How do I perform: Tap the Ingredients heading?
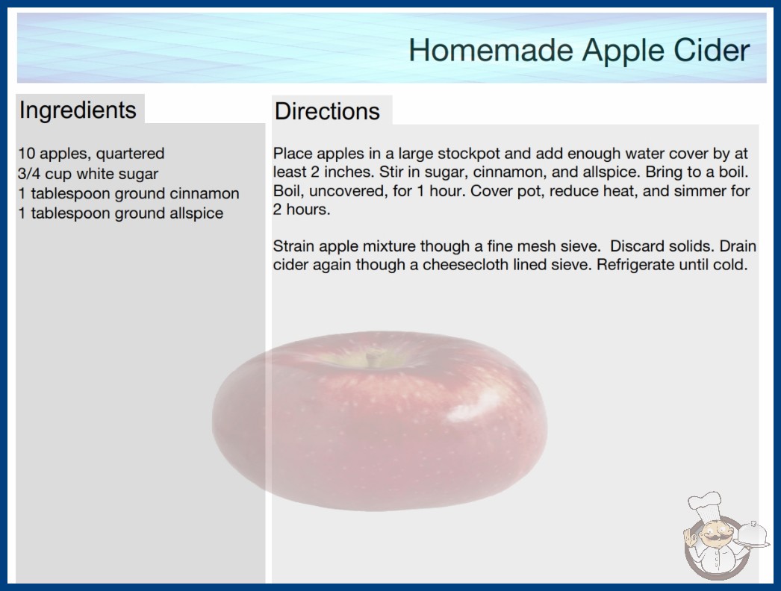coord(78,110)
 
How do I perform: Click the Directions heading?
coord(327,111)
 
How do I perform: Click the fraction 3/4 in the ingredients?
coord(29,174)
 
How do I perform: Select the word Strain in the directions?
coord(294,246)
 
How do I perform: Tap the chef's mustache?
coord(713,538)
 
